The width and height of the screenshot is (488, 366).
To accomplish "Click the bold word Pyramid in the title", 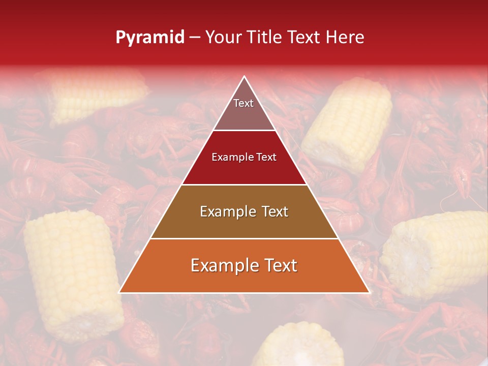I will [x=149, y=38].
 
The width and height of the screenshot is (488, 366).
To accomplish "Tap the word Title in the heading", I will [x=266, y=38].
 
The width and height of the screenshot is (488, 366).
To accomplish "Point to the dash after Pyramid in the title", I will [x=195, y=38].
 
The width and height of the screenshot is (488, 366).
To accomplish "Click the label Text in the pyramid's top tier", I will [x=243, y=103].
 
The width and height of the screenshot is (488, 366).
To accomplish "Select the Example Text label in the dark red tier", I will [x=244, y=157].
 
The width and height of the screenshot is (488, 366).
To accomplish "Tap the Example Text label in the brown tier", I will [x=244, y=211].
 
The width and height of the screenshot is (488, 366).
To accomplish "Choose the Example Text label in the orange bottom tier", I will [x=244, y=265].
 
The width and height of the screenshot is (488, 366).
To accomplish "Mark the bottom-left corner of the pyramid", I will [x=119, y=292].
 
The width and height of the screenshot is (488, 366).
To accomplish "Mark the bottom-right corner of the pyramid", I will [x=369, y=292].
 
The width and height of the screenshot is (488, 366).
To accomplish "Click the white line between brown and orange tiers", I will [x=244, y=238].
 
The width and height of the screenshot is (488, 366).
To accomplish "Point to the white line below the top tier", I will [x=244, y=130].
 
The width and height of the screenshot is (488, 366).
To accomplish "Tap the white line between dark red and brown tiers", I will [x=244, y=185].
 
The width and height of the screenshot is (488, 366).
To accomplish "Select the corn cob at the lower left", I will [x=71, y=274].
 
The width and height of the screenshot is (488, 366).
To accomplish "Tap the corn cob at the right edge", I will [x=437, y=254].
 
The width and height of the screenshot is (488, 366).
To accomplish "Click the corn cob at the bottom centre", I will [x=295, y=346].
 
